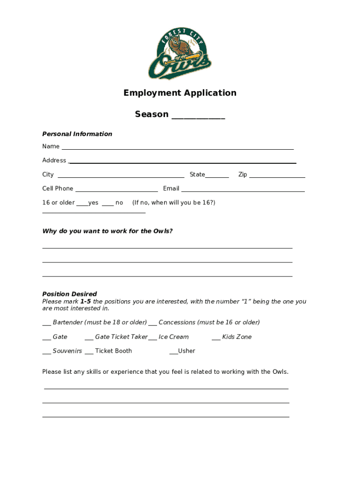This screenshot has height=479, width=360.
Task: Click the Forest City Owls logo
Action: pyautogui.click(x=180, y=53)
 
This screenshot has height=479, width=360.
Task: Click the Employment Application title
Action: pyautogui.click(x=180, y=93)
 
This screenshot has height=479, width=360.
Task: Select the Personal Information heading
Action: pyautogui.click(x=77, y=134)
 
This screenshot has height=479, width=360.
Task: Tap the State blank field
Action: pyautogui.click(x=217, y=176)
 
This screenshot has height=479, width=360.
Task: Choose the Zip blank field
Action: pyautogui.click(x=277, y=176)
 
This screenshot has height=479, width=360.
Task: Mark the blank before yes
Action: pyautogui.click(x=82, y=204)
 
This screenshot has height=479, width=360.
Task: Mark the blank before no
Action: pyautogui.click(x=108, y=204)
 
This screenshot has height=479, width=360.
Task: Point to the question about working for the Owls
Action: pyautogui.click(x=108, y=231)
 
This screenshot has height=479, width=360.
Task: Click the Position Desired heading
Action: pyautogui.click(x=70, y=294)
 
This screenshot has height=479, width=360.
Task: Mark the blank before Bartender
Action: pyautogui.click(x=46, y=324)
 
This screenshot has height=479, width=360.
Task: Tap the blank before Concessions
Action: pyautogui.click(x=152, y=324)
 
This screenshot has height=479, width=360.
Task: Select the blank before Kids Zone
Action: pyautogui.click(x=216, y=338)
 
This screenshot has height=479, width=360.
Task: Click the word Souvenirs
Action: pyautogui.click(x=67, y=351)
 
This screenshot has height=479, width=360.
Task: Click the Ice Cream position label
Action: pyautogui.click(x=173, y=337)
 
